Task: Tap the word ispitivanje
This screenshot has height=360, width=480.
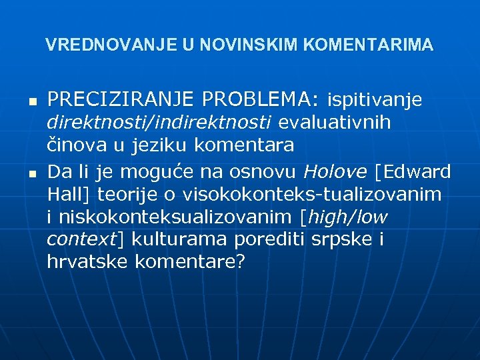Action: [374, 101]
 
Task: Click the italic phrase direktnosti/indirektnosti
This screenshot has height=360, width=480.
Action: [160, 123]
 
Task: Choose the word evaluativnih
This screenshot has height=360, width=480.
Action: [335, 123]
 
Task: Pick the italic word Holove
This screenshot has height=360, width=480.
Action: [335, 171]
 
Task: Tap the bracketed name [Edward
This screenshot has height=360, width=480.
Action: [413, 171]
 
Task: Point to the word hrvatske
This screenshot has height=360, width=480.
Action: [87, 262]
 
